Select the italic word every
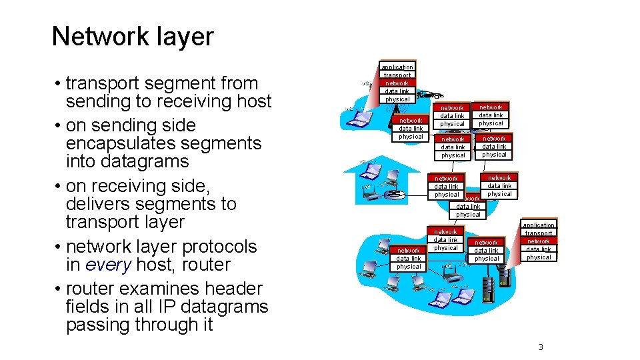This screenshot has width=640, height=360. click(109, 265)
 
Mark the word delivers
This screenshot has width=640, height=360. click(97, 204)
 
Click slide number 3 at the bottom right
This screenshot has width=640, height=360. click(541, 347)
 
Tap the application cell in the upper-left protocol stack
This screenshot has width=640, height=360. click(397, 67)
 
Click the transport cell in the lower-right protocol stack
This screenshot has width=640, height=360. click(539, 233)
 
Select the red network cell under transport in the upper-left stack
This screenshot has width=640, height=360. click(397, 83)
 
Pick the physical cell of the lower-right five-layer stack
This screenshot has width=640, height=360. click(539, 257)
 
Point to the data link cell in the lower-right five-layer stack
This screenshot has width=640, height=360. click(539, 249)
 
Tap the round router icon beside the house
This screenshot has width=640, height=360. click(397, 195)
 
